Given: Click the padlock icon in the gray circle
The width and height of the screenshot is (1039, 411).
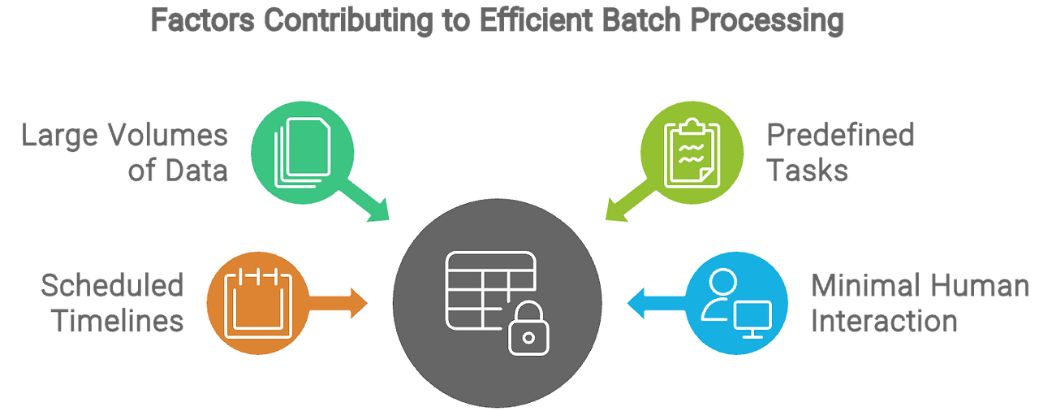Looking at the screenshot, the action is click(x=528, y=328).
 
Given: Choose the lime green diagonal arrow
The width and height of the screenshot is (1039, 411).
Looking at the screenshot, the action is click(x=624, y=203).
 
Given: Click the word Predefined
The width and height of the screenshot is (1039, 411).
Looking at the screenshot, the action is click(x=840, y=135).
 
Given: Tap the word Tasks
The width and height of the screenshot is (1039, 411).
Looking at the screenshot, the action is click(x=808, y=171).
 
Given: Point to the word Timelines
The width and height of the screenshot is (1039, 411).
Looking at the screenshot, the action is click(x=119, y=322).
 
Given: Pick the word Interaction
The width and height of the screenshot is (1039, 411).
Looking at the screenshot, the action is click(x=884, y=322).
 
